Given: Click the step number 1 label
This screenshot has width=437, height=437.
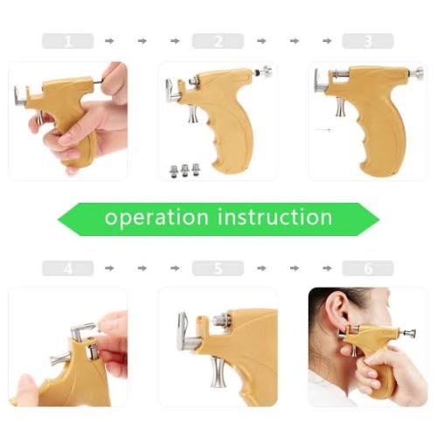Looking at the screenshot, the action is (x=67, y=41).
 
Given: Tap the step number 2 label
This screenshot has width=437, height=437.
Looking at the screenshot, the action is (x=218, y=41).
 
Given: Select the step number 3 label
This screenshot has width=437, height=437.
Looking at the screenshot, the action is (x=368, y=41).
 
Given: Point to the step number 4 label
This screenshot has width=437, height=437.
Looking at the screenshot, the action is (x=67, y=268).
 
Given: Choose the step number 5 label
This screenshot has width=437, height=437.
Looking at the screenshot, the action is (x=218, y=268).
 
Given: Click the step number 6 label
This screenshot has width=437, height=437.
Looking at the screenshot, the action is (x=368, y=268).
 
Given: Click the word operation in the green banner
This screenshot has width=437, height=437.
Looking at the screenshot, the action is (x=156, y=218).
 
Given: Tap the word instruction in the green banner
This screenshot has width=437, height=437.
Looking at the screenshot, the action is (x=275, y=217).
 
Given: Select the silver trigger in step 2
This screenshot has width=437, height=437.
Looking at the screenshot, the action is (x=193, y=114).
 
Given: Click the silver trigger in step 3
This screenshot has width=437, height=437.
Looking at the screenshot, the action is (x=341, y=107).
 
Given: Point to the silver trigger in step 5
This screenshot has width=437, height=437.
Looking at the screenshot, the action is (x=218, y=373).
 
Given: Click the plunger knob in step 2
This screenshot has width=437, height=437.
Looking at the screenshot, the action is (x=266, y=72).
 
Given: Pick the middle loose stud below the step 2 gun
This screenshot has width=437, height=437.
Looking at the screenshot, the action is (x=184, y=170).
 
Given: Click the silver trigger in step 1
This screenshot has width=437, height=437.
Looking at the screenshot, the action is (x=40, y=118).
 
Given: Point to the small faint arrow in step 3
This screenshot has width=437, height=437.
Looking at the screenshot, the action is (x=323, y=130).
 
